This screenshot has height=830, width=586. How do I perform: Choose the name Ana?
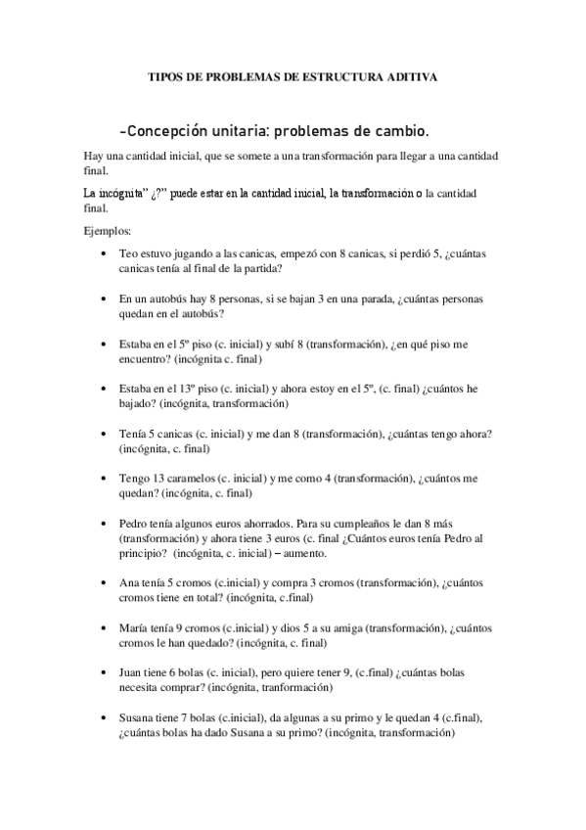128,582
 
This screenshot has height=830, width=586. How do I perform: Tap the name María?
133,627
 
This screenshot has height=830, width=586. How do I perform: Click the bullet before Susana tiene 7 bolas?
103,717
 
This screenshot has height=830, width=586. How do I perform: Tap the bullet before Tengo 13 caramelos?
103,478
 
